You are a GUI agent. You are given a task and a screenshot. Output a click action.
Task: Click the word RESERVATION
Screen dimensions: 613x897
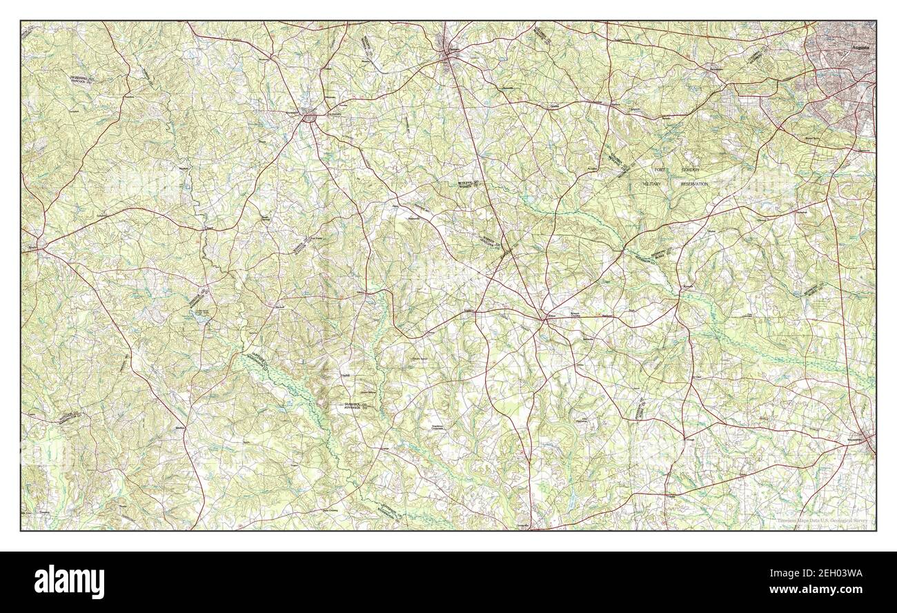[694, 184]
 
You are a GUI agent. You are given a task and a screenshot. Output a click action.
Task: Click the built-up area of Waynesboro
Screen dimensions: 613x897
[867, 442]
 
